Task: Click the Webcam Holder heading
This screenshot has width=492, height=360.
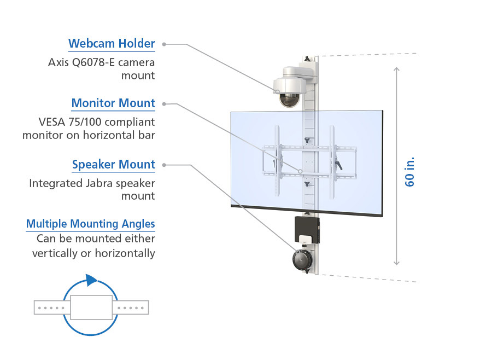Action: tap(112, 43)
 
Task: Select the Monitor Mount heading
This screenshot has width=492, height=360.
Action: tap(113, 103)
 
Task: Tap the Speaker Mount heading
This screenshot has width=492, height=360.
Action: tap(114, 164)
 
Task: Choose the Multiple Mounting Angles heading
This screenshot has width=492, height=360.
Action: tap(90, 223)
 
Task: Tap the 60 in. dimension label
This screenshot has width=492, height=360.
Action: tap(410, 172)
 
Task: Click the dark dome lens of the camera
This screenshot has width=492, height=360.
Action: tap(289, 99)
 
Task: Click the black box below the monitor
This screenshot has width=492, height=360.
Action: tap(306, 229)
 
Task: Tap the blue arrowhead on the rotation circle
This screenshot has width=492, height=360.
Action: tap(92, 280)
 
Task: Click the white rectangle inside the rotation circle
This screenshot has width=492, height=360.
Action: tap(92, 307)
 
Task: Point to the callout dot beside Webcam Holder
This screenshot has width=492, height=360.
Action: tap(164, 44)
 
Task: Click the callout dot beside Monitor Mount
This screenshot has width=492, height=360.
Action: tap(164, 103)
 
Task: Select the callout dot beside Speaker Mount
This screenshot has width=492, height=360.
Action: tap(164, 164)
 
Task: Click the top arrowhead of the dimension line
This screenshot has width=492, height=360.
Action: tap(397, 69)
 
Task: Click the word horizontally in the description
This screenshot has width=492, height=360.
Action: tap(125, 253)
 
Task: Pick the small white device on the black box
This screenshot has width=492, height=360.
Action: tap(306, 238)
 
